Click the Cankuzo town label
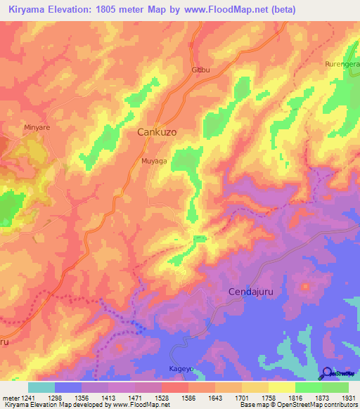tap(155, 132)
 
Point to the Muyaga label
tap(154, 161)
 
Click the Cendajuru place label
tap(251, 291)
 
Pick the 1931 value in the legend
tap(348, 398)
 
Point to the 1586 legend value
tap(188, 398)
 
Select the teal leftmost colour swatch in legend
tap(41, 387)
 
